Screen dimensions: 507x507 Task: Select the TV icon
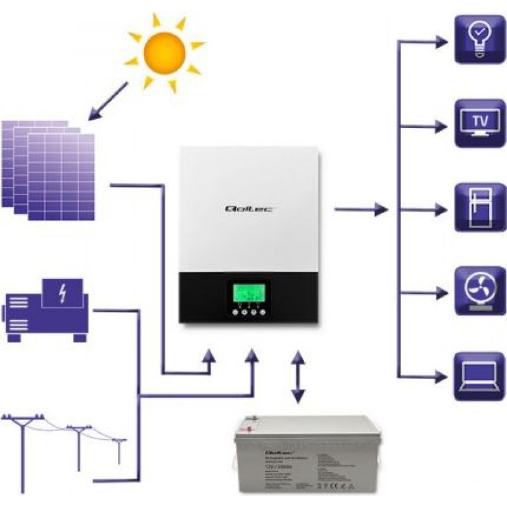[480, 123]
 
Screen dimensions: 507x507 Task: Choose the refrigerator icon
[480, 208]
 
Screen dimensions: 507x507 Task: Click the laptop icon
[480, 376]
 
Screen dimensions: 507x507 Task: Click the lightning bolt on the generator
[62, 293]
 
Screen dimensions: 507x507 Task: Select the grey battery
[299, 456]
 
